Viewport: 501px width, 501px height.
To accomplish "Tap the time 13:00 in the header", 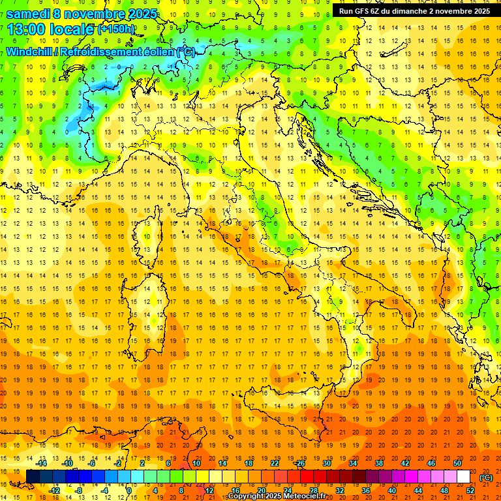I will (x=27, y=29).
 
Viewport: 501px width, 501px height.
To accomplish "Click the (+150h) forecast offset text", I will (x=116, y=29).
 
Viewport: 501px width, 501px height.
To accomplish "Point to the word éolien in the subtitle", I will (x=157, y=52).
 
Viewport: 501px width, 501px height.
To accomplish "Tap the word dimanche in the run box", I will (x=410, y=11).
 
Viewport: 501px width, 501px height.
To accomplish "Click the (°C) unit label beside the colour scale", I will (x=486, y=478).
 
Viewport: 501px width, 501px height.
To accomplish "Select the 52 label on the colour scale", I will (x=470, y=491).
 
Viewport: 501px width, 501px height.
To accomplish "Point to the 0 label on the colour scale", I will (x=129, y=491).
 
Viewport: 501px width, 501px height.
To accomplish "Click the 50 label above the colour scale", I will (x=457, y=463).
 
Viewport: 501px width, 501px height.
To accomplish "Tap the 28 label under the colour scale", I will (x=313, y=491).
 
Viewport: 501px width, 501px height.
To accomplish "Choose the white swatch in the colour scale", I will (x=463, y=477).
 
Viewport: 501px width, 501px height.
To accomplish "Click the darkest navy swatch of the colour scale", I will (x=33, y=477).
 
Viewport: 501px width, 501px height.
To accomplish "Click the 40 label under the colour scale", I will (x=391, y=491).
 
